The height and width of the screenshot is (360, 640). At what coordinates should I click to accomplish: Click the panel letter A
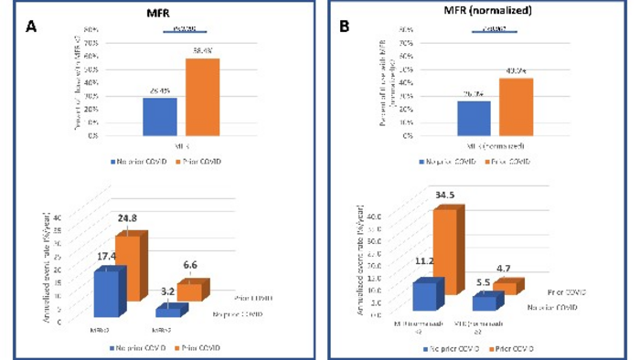click(32, 27)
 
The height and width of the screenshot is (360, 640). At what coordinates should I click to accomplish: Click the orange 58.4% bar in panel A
click(202, 97)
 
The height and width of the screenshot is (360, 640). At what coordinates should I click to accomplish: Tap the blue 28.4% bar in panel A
click(159, 116)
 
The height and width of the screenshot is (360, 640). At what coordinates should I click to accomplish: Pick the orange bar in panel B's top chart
click(515, 107)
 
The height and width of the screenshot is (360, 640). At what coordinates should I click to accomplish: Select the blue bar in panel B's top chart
click(473, 118)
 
